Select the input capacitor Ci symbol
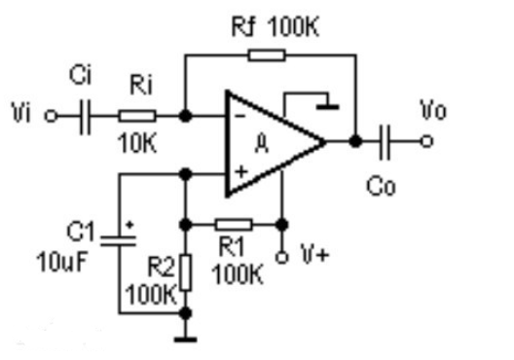pyautogui.click(x=84, y=116)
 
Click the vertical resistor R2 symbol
pyautogui.click(x=184, y=270)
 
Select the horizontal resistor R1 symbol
pyautogui.click(x=233, y=223)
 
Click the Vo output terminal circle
pyautogui.click(x=425, y=142)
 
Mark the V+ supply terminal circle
pyautogui.click(x=281, y=257)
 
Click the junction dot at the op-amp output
pyautogui.click(x=355, y=142)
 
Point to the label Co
pyautogui.click(x=381, y=186)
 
